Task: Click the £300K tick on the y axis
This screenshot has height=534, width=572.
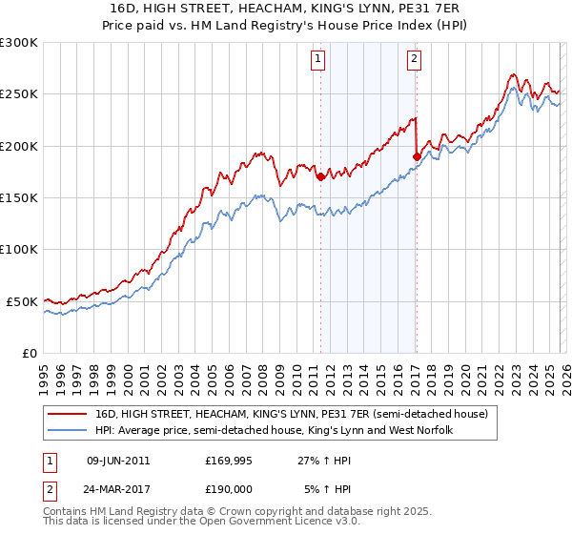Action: (x=19, y=43)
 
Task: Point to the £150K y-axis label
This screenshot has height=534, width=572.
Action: (x=19, y=198)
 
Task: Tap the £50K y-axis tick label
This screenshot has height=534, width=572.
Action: (x=22, y=301)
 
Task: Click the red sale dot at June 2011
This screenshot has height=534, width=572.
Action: (x=320, y=176)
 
